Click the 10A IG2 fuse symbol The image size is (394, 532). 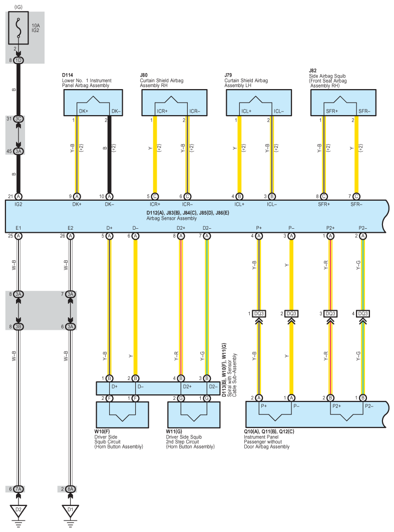19,28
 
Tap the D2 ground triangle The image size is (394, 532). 19,510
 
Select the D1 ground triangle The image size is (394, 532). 70,510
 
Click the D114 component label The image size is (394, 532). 68,75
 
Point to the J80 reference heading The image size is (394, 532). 144,75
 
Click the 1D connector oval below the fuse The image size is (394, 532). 19,61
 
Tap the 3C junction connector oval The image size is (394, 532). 19,119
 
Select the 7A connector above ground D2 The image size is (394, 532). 19,489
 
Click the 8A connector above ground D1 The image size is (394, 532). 70,489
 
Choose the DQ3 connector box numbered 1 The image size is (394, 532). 259,313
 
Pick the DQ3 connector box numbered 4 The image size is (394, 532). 363,313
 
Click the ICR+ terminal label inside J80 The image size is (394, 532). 162,111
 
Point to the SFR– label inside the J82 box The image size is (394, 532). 364,111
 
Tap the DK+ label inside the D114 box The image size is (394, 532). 84,111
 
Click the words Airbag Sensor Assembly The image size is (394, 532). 171,218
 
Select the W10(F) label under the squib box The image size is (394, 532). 102,431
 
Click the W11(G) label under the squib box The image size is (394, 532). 174,431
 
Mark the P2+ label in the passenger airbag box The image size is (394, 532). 336,406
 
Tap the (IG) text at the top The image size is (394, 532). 19,7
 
